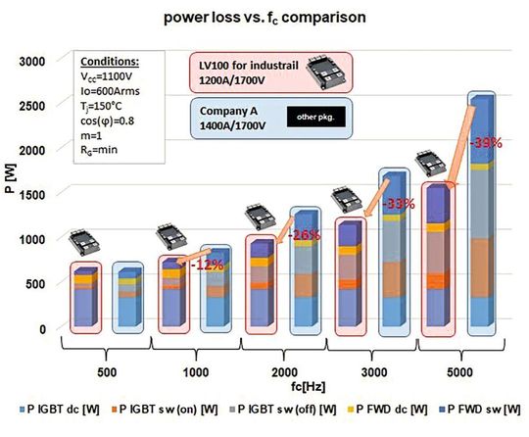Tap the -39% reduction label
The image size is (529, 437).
click(x=487, y=143)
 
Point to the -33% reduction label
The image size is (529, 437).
click(x=397, y=205)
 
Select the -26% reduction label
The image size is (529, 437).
click(x=305, y=235)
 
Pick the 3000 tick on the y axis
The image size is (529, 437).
click(x=34, y=61)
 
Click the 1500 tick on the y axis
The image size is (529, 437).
click(x=34, y=194)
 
